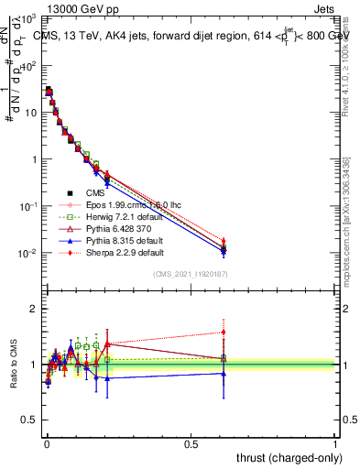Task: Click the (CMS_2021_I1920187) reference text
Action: point(190,273)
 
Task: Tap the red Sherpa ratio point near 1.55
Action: point(223,333)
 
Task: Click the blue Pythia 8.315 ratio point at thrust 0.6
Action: point(223,373)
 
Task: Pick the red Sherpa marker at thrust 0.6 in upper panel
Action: point(223,242)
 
